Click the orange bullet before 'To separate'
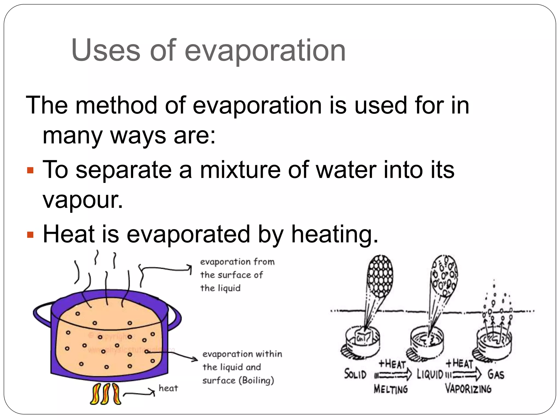(x=30, y=171)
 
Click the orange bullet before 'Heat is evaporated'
(x=30, y=235)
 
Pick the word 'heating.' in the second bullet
(x=335, y=234)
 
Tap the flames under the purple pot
(x=106, y=394)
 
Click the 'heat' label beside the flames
(x=168, y=388)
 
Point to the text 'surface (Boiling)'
(x=238, y=380)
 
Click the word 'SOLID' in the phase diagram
(x=355, y=374)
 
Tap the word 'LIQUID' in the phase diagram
(x=430, y=374)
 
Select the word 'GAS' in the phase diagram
(x=495, y=374)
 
